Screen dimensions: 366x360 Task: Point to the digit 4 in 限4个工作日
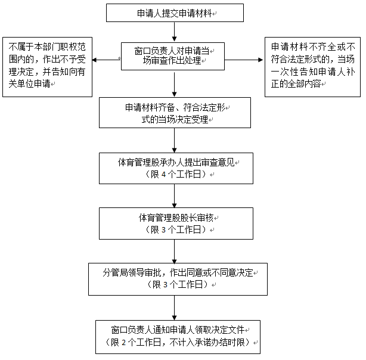tap(163, 175)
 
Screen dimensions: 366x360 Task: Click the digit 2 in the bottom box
tap(124, 343)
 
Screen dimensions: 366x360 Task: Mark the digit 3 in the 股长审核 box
tap(163, 230)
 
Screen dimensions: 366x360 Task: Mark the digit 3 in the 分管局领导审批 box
tap(165, 285)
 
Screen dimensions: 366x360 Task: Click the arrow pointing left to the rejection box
tap(107, 60)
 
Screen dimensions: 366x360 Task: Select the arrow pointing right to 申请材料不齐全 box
tap(244, 60)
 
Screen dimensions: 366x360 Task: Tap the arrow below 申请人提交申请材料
tap(175, 32)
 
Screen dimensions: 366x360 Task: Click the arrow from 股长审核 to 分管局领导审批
tap(175, 252)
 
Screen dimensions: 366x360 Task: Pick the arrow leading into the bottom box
tap(175, 308)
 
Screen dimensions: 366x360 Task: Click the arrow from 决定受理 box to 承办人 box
tap(175, 141)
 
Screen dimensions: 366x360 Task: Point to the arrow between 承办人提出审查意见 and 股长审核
tap(175, 196)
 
